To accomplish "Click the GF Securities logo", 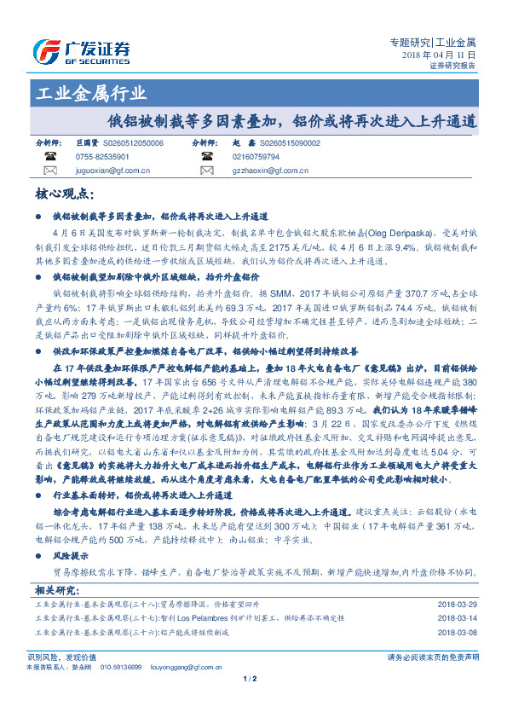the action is (81, 49).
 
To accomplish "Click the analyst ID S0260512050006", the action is (132, 144).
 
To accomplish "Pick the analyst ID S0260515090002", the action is (289, 144).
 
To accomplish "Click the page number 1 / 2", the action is (250, 679).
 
